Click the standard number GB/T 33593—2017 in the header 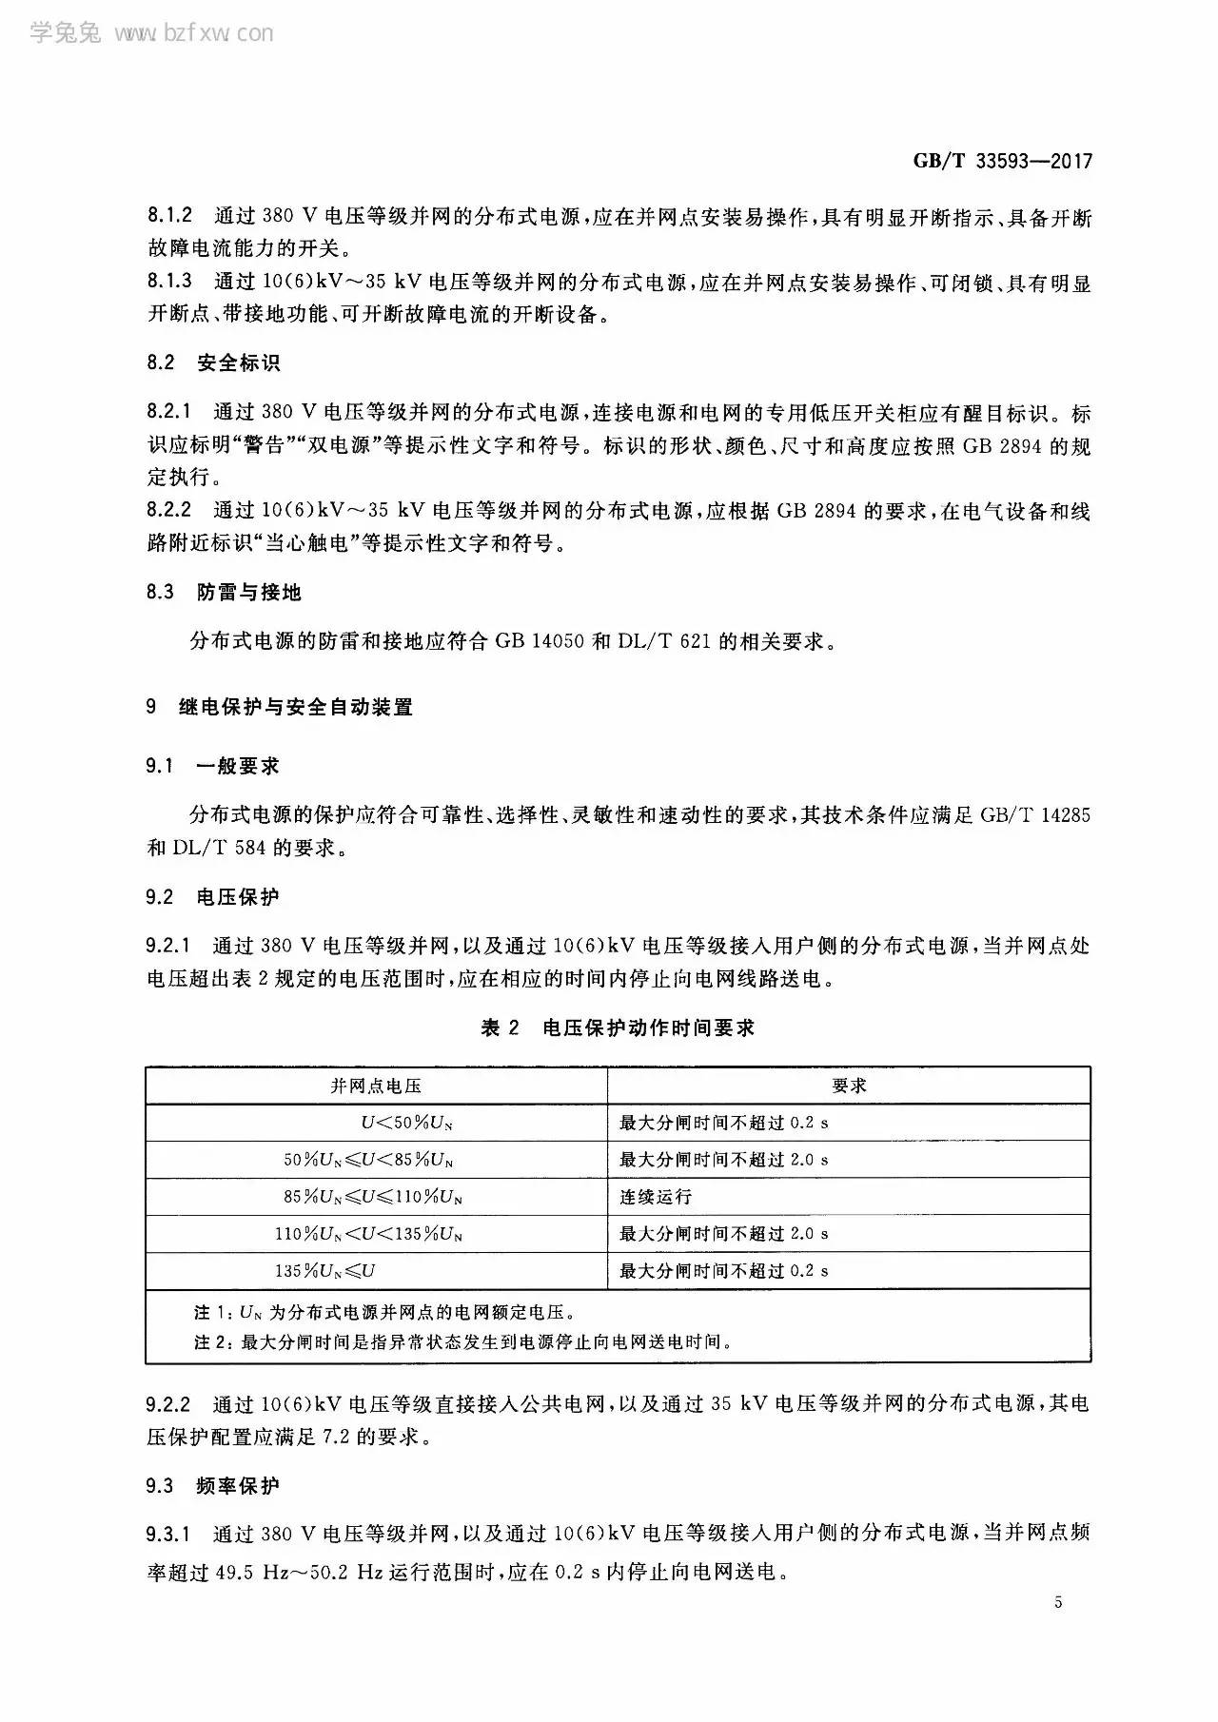coord(1002,162)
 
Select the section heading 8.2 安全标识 coord(213,363)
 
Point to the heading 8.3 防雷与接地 coord(224,593)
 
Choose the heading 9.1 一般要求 coord(213,766)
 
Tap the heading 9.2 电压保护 coord(213,896)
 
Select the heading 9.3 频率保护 coord(213,1486)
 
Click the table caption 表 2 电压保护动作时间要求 coord(618,1027)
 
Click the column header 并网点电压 coord(376,1086)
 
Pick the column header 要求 coord(849,1086)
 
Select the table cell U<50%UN coord(406,1123)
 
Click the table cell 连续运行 coord(656,1197)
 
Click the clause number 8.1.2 coord(169,218)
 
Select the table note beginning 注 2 coord(462,1342)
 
